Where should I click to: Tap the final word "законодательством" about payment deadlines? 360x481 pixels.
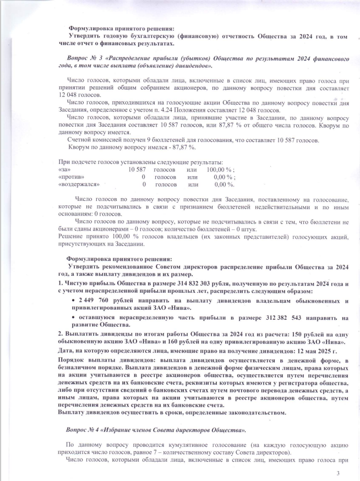coord(254,412)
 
